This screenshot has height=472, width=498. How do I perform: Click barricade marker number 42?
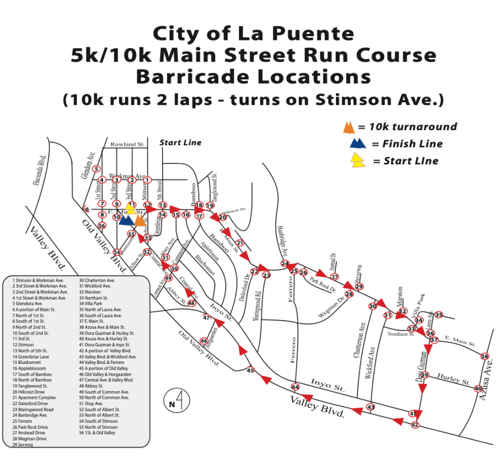pos(415,425)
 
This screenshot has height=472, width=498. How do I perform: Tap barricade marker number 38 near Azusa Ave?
pos(485,356)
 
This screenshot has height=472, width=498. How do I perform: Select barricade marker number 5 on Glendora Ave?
pos(96,169)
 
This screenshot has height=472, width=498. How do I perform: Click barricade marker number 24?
pos(285,264)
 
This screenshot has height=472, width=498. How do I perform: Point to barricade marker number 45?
pos(250,370)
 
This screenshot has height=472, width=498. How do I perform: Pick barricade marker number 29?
pos(359,286)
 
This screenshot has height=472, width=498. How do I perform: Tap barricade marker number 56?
pos(102,225)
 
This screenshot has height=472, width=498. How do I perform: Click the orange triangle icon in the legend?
pos(349,127)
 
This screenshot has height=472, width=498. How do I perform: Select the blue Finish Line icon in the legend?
pos(358,144)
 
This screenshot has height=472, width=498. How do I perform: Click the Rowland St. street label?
pos(127,144)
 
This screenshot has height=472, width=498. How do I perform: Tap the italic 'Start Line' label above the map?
pos(180,142)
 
